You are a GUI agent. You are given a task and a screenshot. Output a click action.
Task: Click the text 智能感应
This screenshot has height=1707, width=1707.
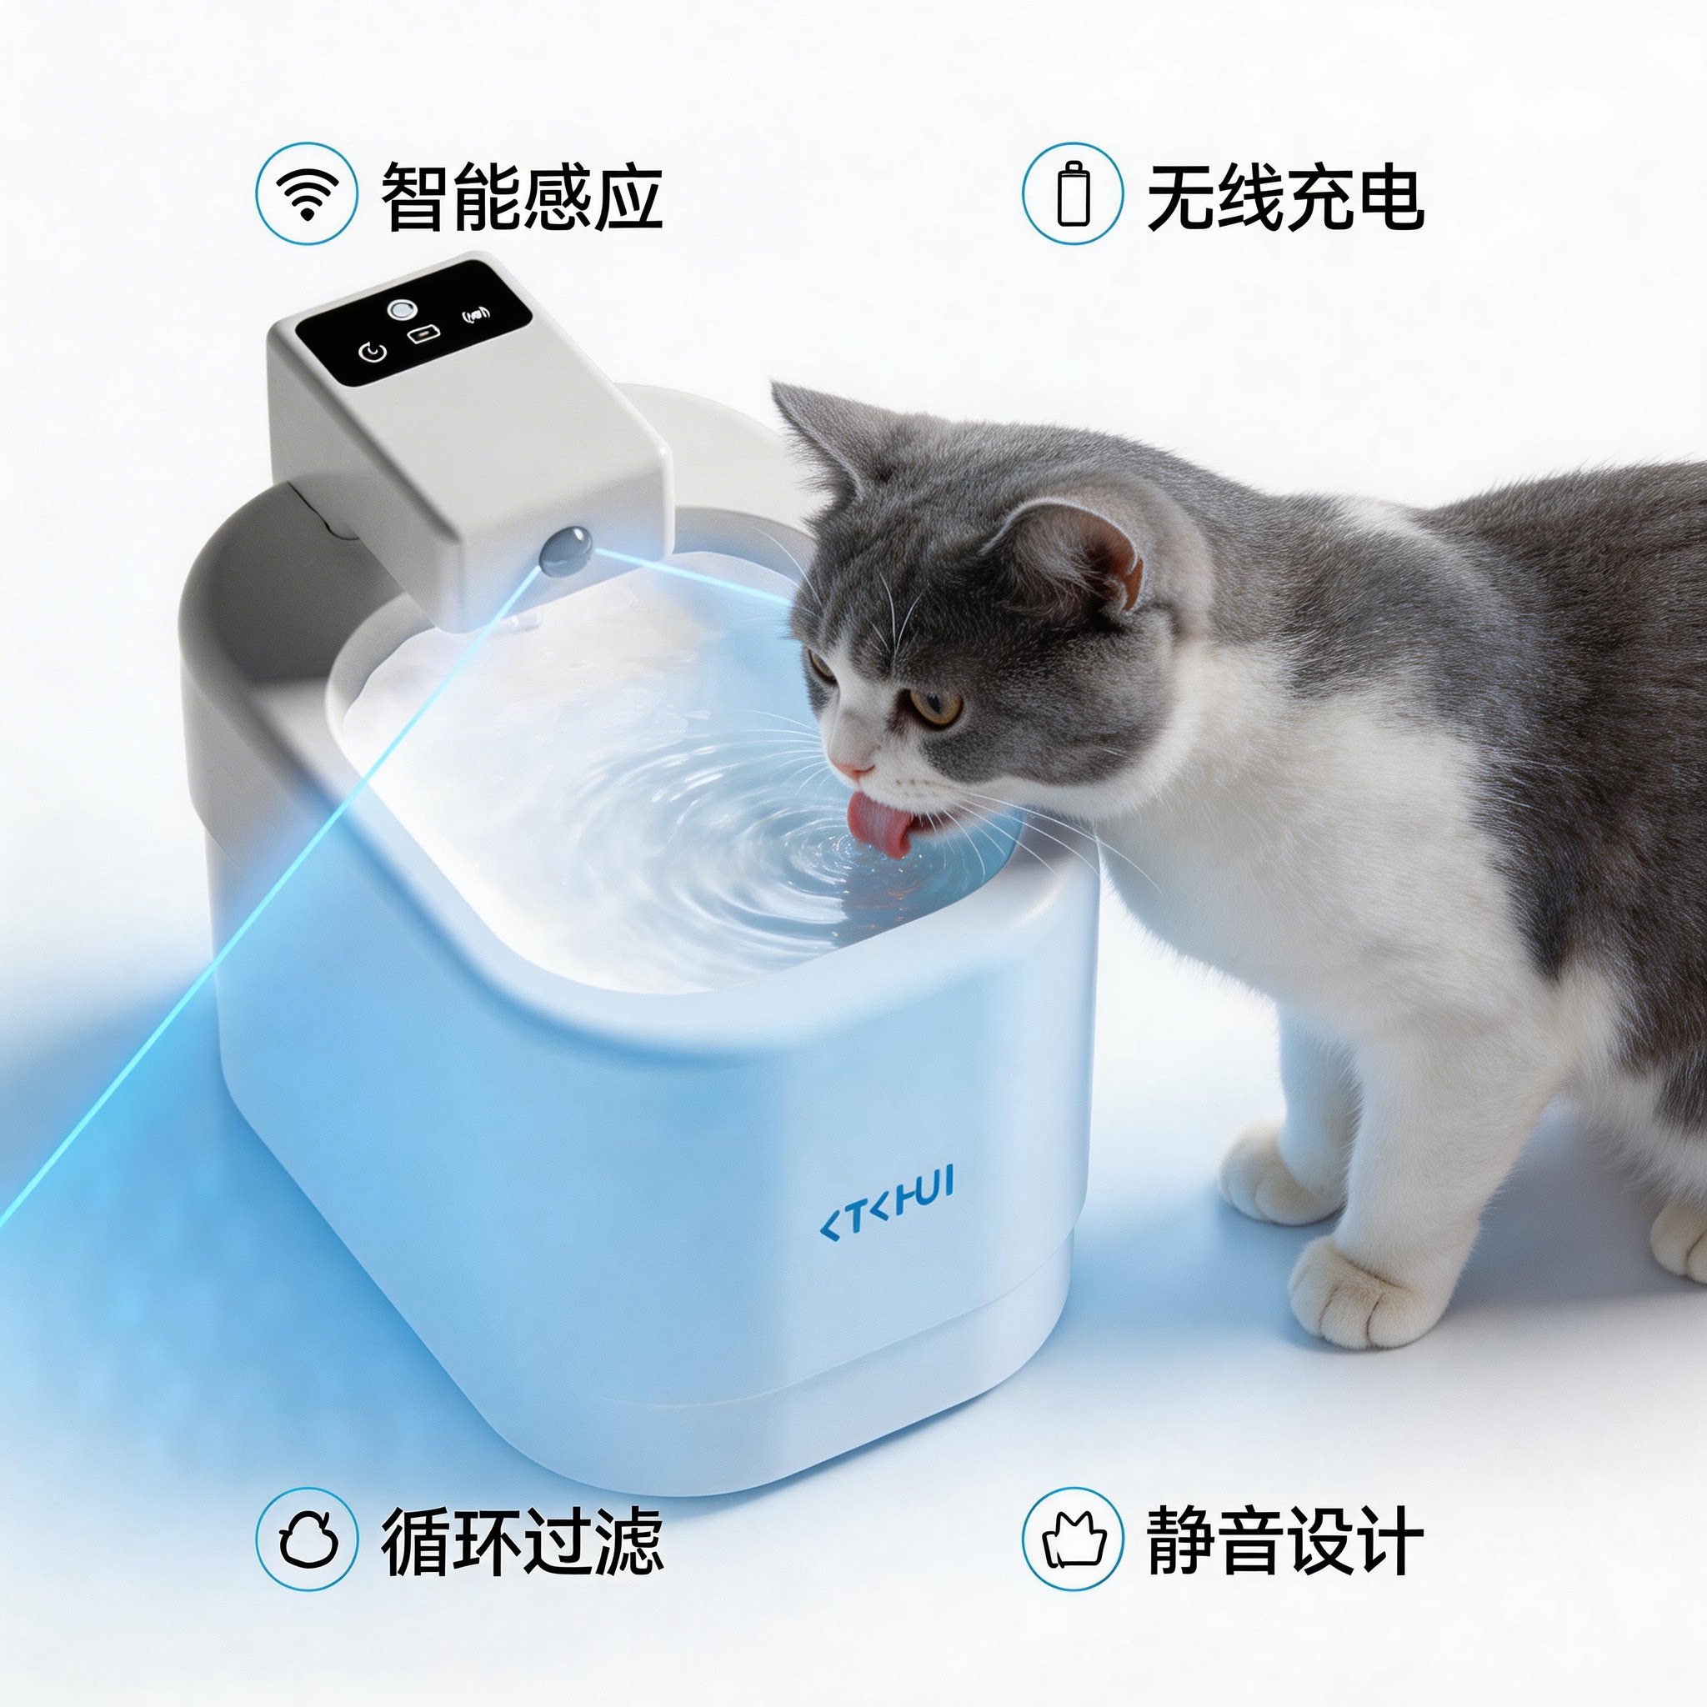click(521, 194)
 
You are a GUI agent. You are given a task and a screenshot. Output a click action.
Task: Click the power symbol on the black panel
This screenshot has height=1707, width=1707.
click(372, 353)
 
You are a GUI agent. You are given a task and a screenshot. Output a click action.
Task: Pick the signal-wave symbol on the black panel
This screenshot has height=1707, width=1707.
click(477, 315)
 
